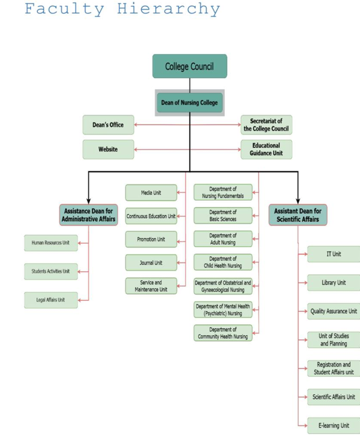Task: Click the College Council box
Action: click(x=189, y=66)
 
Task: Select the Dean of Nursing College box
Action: click(x=189, y=103)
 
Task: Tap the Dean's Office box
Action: click(x=108, y=125)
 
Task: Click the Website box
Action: click(x=108, y=149)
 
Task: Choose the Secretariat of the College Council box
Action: click(x=266, y=125)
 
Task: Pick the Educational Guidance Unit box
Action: click(x=266, y=149)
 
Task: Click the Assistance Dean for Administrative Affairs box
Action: click(x=88, y=215)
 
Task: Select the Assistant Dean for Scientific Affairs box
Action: click(x=298, y=215)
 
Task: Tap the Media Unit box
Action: click(x=151, y=193)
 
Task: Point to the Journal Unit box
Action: click(x=151, y=262)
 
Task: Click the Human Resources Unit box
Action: click(x=50, y=243)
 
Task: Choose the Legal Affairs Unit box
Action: click(x=50, y=300)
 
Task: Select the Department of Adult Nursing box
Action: click(x=222, y=239)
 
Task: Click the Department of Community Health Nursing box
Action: click(x=222, y=333)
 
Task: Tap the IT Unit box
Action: click(x=333, y=254)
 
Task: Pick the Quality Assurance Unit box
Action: click(x=333, y=311)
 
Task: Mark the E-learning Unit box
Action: click(x=333, y=425)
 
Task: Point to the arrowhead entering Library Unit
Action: click(x=305, y=283)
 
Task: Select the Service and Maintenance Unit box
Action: click(x=151, y=286)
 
